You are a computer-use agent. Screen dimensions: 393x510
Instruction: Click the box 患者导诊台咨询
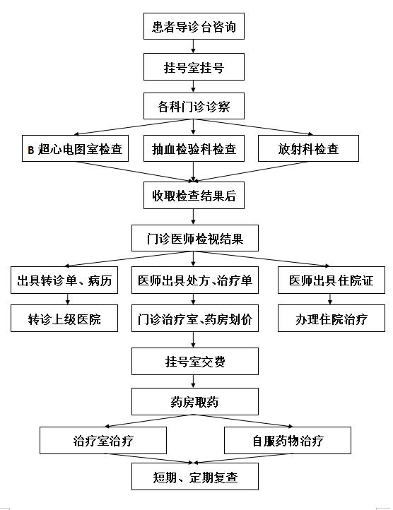click(x=194, y=26)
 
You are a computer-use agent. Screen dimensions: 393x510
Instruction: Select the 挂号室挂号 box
click(x=194, y=66)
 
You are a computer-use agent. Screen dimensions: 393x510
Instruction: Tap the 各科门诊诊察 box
click(x=194, y=106)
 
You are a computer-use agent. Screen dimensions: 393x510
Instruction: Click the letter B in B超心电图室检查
click(x=31, y=150)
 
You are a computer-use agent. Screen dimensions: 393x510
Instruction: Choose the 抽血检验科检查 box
click(x=194, y=148)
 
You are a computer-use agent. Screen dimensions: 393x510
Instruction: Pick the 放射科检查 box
click(x=308, y=148)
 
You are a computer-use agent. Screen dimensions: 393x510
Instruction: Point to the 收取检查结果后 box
click(x=194, y=195)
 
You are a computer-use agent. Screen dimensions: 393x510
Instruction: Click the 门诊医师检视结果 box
click(x=194, y=238)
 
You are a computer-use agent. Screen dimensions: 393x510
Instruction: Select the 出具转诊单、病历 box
click(x=64, y=280)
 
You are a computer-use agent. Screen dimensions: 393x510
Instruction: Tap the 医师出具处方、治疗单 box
click(x=194, y=280)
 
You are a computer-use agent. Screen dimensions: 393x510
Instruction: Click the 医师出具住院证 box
click(x=331, y=280)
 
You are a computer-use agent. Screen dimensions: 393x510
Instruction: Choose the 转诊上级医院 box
click(x=64, y=318)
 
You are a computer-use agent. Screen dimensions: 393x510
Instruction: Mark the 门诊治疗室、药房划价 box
click(x=194, y=318)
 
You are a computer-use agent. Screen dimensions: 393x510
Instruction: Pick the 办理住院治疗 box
click(x=331, y=318)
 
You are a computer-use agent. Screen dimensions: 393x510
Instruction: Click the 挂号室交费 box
click(x=194, y=361)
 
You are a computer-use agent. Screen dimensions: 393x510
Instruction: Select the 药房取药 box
click(x=194, y=401)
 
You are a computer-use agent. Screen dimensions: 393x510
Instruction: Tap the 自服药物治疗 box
click(x=288, y=440)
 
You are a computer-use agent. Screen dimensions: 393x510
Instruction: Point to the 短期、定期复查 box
click(x=194, y=477)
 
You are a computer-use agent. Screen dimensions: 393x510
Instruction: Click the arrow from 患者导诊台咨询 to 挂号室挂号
click(x=194, y=47)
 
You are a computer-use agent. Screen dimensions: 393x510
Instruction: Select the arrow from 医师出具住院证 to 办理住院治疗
click(x=330, y=300)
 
